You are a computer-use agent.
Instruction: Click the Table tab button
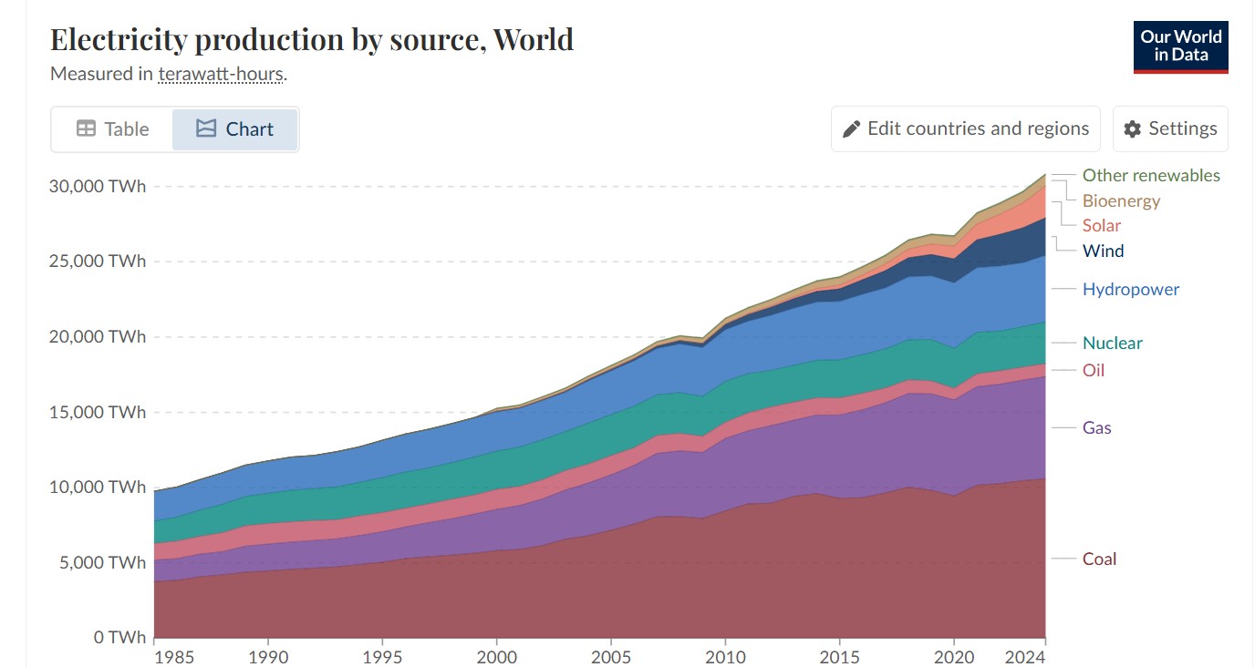click(112, 129)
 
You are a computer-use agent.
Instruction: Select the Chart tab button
click(235, 129)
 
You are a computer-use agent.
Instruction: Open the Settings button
click(1170, 128)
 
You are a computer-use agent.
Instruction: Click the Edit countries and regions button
click(966, 128)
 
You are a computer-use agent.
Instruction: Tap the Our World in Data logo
click(1180, 46)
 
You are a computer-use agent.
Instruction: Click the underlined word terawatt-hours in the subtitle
click(221, 74)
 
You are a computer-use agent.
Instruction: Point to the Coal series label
click(1099, 559)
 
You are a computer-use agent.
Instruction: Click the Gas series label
click(1096, 427)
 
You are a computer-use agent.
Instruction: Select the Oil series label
click(1093, 370)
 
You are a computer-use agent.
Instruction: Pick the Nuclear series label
click(1112, 343)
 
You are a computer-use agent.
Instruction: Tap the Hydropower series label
click(1130, 289)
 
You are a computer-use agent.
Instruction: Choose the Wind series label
click(1103, 251)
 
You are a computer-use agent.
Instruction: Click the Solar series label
click(1101, 225)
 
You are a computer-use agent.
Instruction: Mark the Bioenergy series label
click(1121, 200)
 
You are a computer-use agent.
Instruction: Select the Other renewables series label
click(1150, 175)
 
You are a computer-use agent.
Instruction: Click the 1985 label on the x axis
click(154, 656)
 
